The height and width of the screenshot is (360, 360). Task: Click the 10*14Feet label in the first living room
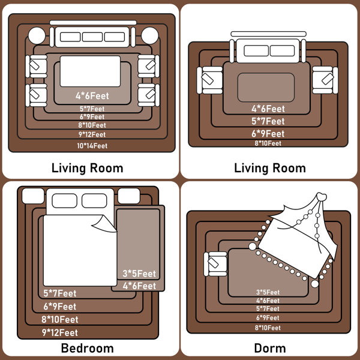tap(92, 146)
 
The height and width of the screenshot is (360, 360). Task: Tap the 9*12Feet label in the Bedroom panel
tap(59, 332)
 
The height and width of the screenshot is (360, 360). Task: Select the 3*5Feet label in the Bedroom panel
tap(139, 274)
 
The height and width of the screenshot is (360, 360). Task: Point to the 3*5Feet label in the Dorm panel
tap(268, 292)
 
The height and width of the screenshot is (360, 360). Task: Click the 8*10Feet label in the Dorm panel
tap(268, 328)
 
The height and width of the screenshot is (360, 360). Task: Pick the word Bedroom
tap(87, 348)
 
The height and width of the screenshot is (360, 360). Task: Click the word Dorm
tap(270, 348)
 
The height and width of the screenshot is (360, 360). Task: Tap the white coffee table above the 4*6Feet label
tap(90, 71)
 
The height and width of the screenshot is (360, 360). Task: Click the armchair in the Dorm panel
tap(215, 264)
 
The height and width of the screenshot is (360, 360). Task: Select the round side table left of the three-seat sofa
tap(37, 35)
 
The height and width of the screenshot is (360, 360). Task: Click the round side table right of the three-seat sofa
tap(150, 35)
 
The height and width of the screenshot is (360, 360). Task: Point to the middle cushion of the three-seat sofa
tap(92, 37)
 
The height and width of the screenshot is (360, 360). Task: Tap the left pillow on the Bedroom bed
tap(65, 200)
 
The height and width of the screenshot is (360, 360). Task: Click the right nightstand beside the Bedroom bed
tap(129, 196)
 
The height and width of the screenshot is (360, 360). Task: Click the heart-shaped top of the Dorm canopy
tap(322, 197)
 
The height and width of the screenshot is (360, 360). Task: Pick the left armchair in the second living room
tap(209, 80)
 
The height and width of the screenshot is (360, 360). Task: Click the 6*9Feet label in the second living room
tap(268, 134)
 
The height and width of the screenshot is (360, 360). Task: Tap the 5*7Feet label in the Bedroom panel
tap(60, 293)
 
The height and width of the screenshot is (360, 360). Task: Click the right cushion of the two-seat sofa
tap(282, 51)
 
